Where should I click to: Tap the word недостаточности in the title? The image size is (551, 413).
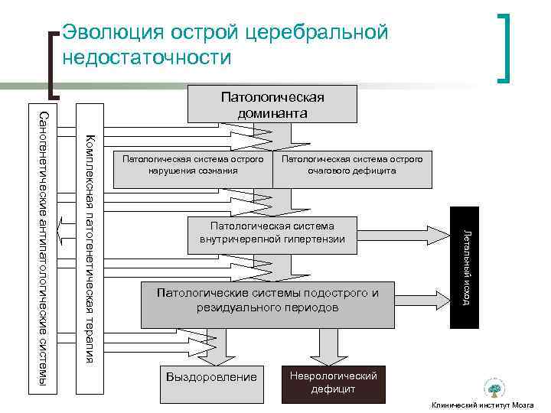[x=146, y=57]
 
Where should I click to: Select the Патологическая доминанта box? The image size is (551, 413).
[x=272, y=105]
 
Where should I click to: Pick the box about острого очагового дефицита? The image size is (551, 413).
[x=352, y=164]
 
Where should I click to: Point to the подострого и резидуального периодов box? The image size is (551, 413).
[x=267, y=300]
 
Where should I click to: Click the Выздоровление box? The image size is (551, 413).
[x=211, y=377]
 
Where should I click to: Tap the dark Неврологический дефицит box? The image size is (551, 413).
[x=333, y=382]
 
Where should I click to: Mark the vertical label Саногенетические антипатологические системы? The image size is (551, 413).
[x=42, y=249]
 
